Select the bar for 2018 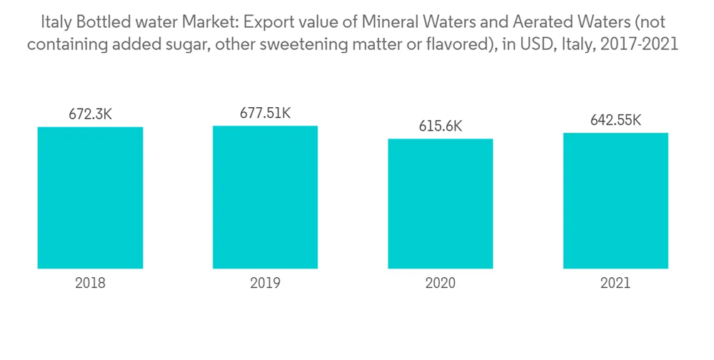click(90, 198)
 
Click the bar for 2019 click(265, 197)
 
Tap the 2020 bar click(441, 204)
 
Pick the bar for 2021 click(615, 201)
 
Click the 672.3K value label click(90, 114)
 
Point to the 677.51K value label click(265, 113)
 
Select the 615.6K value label click(441, 126)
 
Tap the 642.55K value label click(615, 120)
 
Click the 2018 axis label click(90, 283)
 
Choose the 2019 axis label click(265, 283)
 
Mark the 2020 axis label click(441, 283)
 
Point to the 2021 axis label click(615, 283)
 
